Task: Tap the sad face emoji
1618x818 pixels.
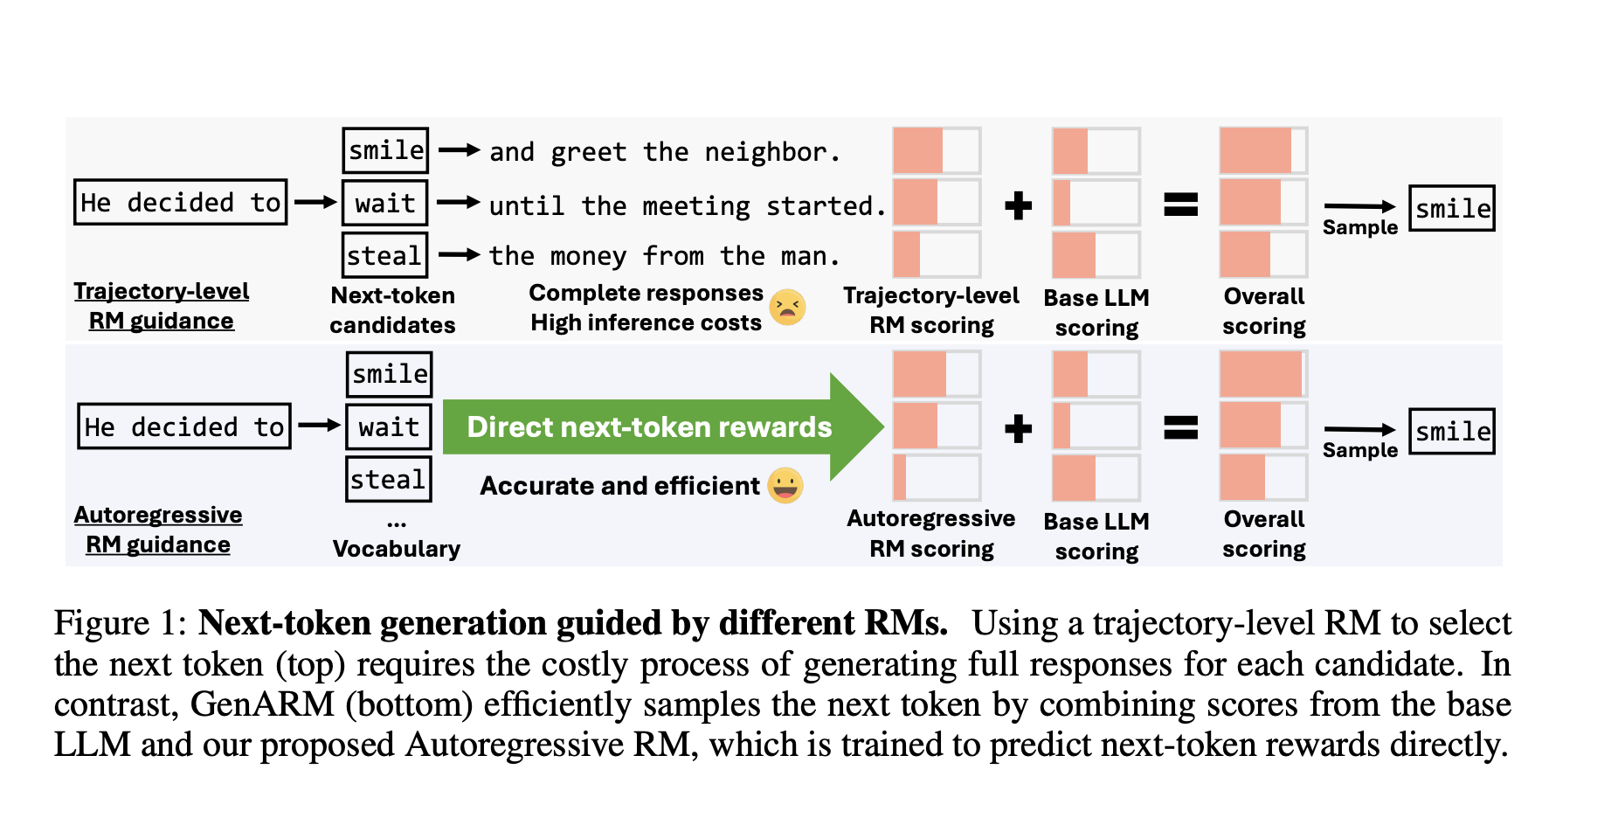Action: click(787, 307)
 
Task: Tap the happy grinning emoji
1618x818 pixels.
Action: click(785, 485)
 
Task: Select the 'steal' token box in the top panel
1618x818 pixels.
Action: click(384, 255)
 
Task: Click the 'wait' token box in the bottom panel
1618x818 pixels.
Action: click(389, 426)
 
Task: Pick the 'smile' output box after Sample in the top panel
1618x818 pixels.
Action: click(1452, 208)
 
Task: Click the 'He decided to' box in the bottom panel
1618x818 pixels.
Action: click(183, 426)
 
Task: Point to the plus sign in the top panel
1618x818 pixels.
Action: click(1018, 205)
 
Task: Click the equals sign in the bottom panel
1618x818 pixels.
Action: click(1180, 427)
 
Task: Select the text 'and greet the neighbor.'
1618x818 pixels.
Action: click(664, 152)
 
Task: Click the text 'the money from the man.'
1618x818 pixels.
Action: click(664, 256)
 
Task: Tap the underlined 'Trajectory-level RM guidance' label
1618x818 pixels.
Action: click(162, 306)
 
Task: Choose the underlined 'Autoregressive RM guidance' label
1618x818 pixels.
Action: click(158, 530)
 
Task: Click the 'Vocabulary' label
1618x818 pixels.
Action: click(397, 549)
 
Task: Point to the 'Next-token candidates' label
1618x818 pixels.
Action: click(393, 310)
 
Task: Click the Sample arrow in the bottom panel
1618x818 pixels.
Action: click(1360, 429)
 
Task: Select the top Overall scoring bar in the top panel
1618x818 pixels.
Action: click(1263, 150)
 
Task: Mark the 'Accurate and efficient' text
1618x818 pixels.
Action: click(620, 486)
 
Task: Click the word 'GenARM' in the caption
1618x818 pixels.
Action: click(262, 704)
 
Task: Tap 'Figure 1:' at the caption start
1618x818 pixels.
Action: click(121, 623)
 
